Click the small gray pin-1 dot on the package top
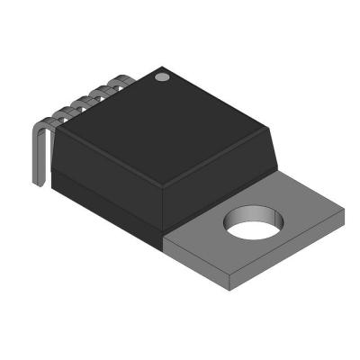click(163, 77)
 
